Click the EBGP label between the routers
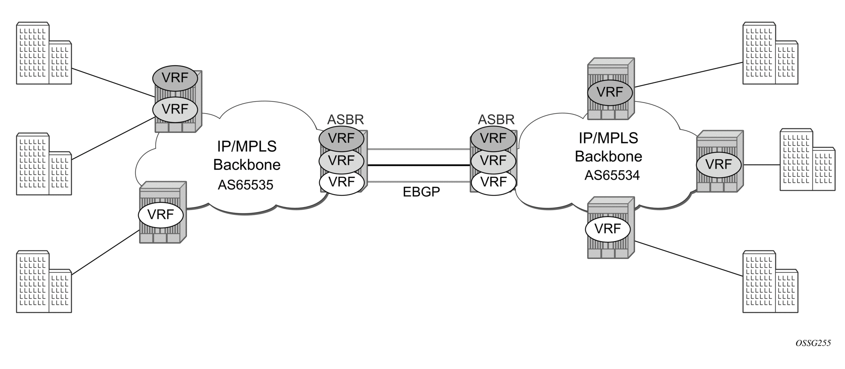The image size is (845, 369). click(421, 192)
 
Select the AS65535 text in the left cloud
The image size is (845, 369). click(245, 185)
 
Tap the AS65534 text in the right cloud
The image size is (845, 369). click(612, 175)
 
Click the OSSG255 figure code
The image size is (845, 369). click(812, 343)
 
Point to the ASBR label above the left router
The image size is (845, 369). click(345, 120)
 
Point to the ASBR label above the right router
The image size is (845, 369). click(496, 120)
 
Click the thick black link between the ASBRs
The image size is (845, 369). click(419, 165)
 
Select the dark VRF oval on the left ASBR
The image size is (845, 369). click(341, 138)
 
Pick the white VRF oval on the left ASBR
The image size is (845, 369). click(341, 182)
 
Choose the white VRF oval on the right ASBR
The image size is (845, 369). click(494, 182)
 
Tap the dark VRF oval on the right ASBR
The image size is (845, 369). click(494, 138)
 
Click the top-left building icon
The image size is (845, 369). click(44, 53)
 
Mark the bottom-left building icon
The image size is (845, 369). click(44, 282)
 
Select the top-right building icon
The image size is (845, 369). click(770, 53)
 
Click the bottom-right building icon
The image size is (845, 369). click(770, 282)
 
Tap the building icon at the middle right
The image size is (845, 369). click(808, 160)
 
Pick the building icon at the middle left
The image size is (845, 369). click(44, 164)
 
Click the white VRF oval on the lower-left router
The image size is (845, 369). click(161, 215)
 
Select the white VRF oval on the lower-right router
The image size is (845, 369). click(608, 229)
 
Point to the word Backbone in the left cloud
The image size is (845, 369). click(247, 165)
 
